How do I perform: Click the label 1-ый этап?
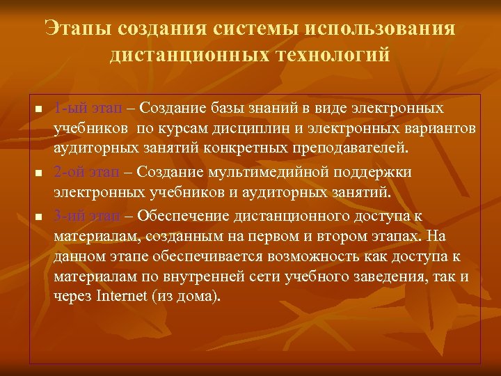click(88, 109)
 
